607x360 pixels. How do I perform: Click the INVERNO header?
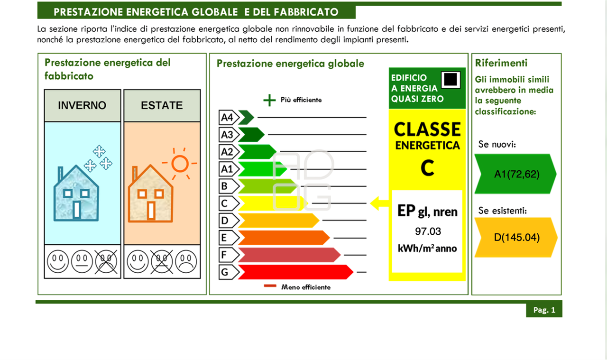[x=82, y=105]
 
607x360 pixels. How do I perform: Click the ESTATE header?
[x=162, y=105]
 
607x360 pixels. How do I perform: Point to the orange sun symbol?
[x=180, y=164]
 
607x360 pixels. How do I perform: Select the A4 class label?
[x=227, y=117]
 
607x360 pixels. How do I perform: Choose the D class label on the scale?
[x=225, y=221]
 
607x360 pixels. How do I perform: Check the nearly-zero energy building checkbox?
[x=451, y=79]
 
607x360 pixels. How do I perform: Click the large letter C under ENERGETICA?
[x=427, y=167]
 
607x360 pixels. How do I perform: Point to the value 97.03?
[x=427, y=231]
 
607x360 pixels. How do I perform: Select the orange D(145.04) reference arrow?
[x=516, y=238]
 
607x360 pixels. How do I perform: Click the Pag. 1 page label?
[x=544, y=310]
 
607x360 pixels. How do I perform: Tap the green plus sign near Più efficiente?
[x=269, y=100]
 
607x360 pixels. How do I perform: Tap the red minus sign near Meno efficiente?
[x=270, y=286]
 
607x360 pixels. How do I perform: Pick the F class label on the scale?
[x=225, y=255]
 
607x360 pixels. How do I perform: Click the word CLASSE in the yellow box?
[x=427, y=129]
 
